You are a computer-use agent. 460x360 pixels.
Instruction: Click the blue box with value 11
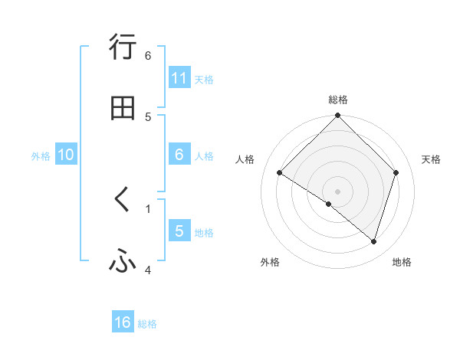click(179, 78)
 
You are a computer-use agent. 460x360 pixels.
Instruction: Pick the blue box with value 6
click(179, 155)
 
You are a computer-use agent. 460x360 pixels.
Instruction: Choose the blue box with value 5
click(179, 231)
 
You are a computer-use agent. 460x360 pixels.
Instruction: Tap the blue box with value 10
click(66, 155)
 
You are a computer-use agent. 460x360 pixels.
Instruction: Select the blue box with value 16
click(123, 322)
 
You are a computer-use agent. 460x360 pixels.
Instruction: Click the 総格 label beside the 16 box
click(147, 324)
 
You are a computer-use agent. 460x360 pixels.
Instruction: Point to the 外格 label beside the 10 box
click(41, 156)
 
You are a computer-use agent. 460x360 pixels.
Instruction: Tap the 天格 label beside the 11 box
click(204, 80)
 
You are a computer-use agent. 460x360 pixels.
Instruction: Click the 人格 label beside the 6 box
click(204, 156)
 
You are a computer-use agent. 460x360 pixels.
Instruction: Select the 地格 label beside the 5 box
click(204, 233)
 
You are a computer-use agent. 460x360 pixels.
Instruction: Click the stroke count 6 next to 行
click(148, 55)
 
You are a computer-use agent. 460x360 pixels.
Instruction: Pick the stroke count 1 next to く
click(148, 208)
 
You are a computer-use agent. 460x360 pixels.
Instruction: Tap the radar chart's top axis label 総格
click(338, 100)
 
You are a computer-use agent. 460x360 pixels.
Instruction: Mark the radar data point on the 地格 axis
click(374, 242)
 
